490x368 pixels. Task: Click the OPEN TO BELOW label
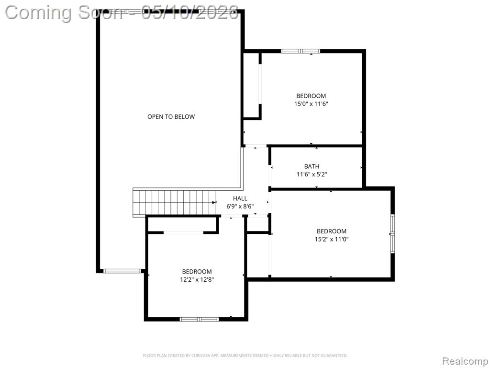click(x=171, y=117)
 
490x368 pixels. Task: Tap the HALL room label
click(x=240, y=198)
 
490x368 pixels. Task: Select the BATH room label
click(x=312, y=166)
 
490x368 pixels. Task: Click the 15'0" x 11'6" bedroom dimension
click(x=311, y=103)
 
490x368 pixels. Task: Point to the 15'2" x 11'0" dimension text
click(x=332, y=240)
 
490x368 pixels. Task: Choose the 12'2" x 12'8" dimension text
click(x=197, y=279)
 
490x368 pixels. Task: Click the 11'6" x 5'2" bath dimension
click(x=312, y=174)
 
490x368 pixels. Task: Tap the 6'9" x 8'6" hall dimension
click(x=240, y=206)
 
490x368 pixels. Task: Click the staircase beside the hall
click(x=174, y=202)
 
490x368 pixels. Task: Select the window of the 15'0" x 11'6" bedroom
click(x=301, y=51)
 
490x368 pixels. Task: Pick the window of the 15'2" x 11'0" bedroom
click(x=392, y=234)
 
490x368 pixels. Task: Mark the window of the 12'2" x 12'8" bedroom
click(x=199, y=319)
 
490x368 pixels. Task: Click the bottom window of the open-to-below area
click(x=122, y=271)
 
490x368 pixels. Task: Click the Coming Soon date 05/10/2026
click(x=190, y=13)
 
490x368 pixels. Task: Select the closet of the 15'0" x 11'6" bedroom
click(x=251, y=85)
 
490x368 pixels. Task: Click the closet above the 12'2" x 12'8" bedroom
click(x=182, y=224)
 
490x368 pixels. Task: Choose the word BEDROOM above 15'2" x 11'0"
click(x=332, y=231)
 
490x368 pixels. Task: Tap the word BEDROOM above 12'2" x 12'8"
click(x=197, y=272)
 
